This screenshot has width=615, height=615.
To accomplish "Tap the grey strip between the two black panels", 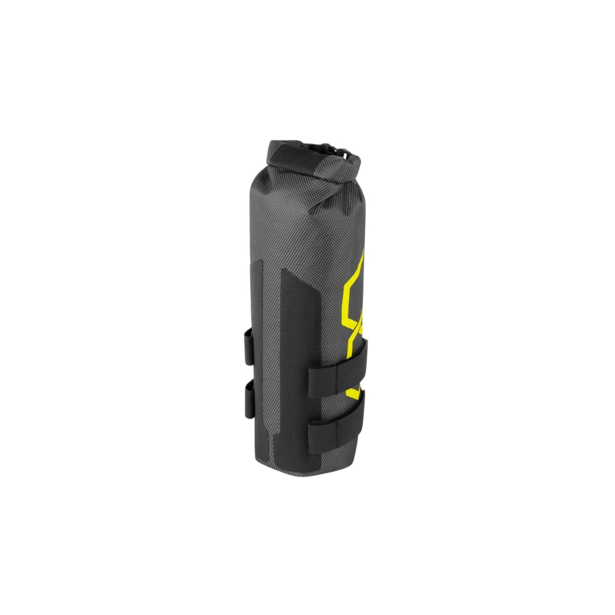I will point(274,344).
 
